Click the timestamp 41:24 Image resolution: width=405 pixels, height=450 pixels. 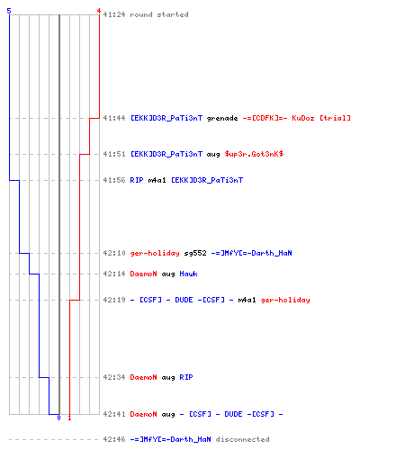(114, 14)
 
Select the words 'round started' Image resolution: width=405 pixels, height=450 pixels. (159, 14)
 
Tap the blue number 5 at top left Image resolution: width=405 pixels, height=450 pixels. (9, 11)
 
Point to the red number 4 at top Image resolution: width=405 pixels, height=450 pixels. (99, 11)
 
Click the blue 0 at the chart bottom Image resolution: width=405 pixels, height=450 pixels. (58, 418)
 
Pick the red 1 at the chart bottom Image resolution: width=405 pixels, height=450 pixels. (69, 418)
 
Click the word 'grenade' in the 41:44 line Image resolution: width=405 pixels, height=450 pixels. (222, 118)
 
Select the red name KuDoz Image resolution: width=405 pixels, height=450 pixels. (303, 118)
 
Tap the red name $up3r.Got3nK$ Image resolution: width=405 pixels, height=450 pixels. (254, 154)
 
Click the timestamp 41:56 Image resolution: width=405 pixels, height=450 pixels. (114, 180)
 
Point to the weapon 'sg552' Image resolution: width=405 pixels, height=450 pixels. (195, 253)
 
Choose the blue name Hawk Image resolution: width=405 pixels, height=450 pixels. (188, 274)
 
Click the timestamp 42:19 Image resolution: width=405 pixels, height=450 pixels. (114, 300)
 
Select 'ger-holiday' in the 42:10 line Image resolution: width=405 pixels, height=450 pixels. (155, 253)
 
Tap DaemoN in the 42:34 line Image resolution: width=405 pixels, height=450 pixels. (143, 377)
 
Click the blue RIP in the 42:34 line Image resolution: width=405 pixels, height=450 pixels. (186, 377)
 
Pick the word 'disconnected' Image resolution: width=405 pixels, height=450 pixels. (242, 439)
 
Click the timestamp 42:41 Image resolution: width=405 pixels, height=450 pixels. (114, 414)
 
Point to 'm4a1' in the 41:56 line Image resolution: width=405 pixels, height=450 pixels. (157, 180)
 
